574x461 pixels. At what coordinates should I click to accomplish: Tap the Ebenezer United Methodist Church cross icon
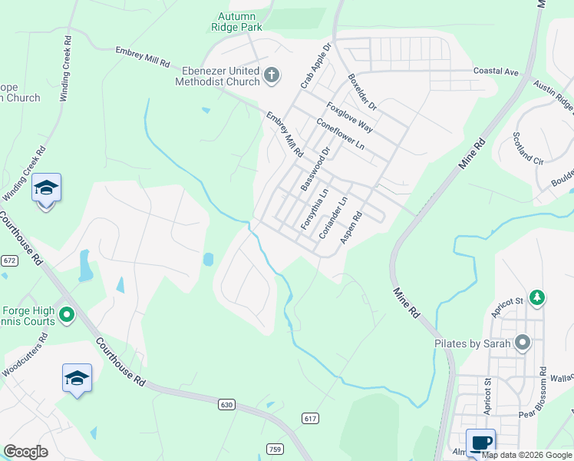(271, 75)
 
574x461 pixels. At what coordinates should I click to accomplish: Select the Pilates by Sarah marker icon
(523, 343)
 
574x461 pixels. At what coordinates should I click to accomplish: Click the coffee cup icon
(480, 443)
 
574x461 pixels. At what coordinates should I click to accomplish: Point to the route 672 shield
(9, 260)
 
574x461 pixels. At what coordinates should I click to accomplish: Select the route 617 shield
(310, 418)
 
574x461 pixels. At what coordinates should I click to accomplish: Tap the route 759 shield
(275, 448)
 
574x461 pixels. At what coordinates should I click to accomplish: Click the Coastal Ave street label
(496, 71)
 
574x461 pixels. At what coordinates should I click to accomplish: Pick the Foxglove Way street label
(350, 117)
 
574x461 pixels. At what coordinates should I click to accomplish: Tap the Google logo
(25, 452)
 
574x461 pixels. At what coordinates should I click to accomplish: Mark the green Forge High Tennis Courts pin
(67, 314)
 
